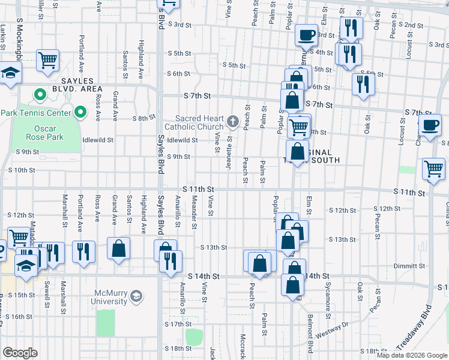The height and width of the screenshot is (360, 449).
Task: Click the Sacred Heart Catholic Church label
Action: pos(199,122)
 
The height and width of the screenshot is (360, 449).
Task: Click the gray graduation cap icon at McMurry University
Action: pos(137,296)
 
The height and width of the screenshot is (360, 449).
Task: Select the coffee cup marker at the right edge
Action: pos(430,125)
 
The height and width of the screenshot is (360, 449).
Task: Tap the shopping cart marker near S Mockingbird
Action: pos(47,59)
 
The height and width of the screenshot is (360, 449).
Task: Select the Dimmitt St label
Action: pos(409,266)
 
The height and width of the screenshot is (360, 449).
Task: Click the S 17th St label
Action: pos(177,324)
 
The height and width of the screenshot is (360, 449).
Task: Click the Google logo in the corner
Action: pos(20,352)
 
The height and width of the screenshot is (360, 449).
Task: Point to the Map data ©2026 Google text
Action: pos(411,355)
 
